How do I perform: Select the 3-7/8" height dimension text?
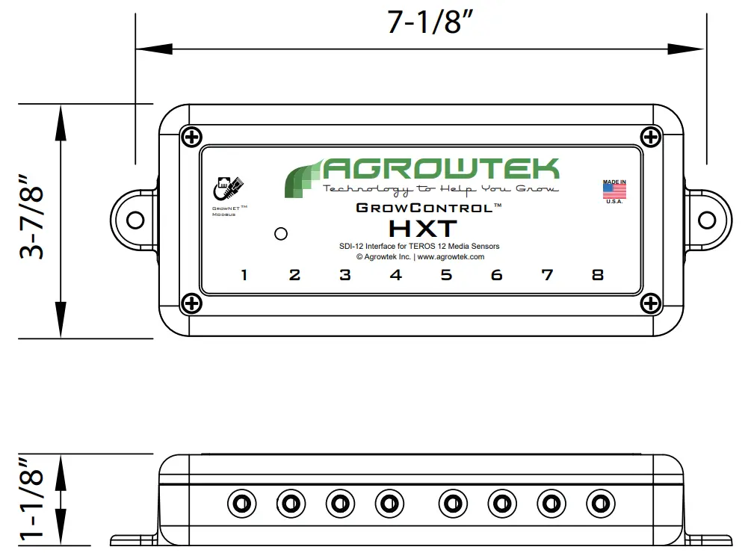click(x=33, y=218)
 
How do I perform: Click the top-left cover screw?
click(x=192, y=137)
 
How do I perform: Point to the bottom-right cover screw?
click(x=651, y=303)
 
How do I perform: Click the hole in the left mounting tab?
click(x=135, y=220)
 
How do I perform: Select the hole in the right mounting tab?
click(x=707, y=220)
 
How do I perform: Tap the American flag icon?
click(x=614, y=191)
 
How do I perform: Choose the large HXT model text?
click(x=422, y=227)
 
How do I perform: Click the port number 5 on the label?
click(x=446, y=275)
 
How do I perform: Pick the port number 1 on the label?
click(x=244, y=275)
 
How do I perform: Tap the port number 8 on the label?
click(x=597, y=275)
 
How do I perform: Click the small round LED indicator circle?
click(x=281, y=234)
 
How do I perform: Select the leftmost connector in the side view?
click(x=241, y=504)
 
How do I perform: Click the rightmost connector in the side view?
click(x=600, y=504)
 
